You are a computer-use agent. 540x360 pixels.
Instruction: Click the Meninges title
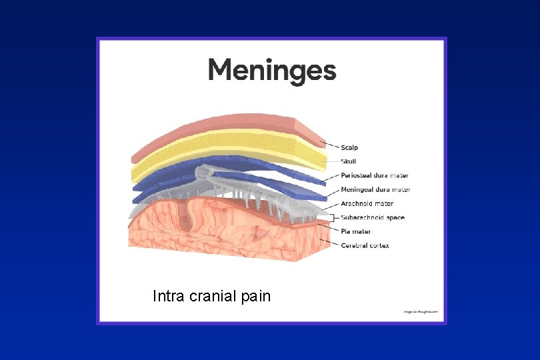coord(272,70)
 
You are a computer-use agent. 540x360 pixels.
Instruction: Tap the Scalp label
coord(349,147)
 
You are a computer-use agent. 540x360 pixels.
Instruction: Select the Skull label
coord(349,161)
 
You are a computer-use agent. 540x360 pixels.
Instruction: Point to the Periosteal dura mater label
coord(375,176)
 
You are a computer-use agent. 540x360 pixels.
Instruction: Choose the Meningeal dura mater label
coord(375,190)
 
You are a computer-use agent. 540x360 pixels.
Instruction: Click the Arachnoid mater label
coord(367,204)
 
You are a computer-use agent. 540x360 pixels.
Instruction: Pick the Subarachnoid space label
coord(373,218)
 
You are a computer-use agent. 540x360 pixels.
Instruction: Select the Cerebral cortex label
coord(365,246)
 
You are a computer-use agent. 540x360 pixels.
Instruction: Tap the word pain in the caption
coord(256,295)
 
